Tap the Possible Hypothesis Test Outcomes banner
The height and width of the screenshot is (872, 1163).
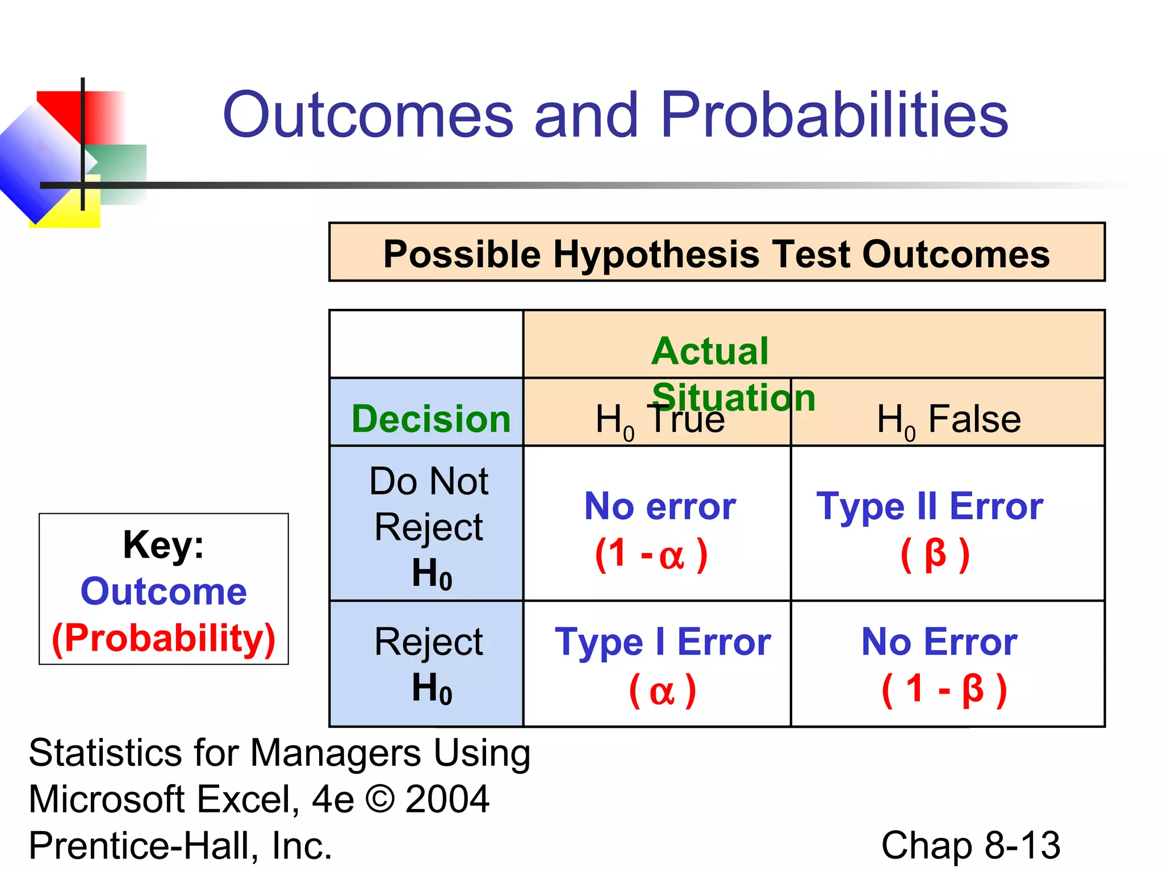point(717,253)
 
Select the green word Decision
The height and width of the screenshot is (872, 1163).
point(431,419)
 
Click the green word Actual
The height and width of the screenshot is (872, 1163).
point(710,351)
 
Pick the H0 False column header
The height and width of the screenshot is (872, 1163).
point(948,420)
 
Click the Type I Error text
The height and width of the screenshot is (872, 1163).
point(663,642)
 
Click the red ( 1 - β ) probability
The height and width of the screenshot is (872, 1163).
point(944,689)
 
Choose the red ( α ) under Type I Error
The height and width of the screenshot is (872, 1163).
point(662,690)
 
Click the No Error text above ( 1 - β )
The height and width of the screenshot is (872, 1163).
point(939,642)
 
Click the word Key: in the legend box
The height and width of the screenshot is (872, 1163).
point(164,545)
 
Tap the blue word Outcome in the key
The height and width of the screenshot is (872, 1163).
point(164,592)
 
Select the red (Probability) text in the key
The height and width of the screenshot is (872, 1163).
point(164,638)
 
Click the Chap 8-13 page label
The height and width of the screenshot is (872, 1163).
point(970,845)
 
